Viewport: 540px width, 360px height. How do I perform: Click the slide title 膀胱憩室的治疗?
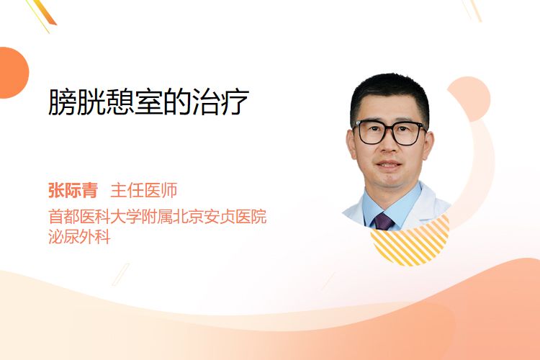click(148, 102)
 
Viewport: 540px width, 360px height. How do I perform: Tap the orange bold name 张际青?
click(73, 190)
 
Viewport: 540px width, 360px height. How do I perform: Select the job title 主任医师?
click(143, 190)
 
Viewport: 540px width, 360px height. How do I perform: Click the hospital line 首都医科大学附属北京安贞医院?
click(158, 217)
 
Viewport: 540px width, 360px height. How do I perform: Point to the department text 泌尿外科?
click(79, 237)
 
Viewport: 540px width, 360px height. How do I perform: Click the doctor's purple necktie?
click(383, 221)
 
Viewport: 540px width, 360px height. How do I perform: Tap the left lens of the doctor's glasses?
click(372, 132)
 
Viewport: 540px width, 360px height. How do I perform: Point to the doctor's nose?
click(389, 144)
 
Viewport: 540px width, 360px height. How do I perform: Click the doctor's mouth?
click(389, 165)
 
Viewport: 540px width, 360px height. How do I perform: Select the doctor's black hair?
click(390, 95)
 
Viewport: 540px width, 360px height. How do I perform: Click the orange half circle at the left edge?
click(14, 73)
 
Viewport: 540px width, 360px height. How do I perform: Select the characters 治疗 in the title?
click(221, 102)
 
